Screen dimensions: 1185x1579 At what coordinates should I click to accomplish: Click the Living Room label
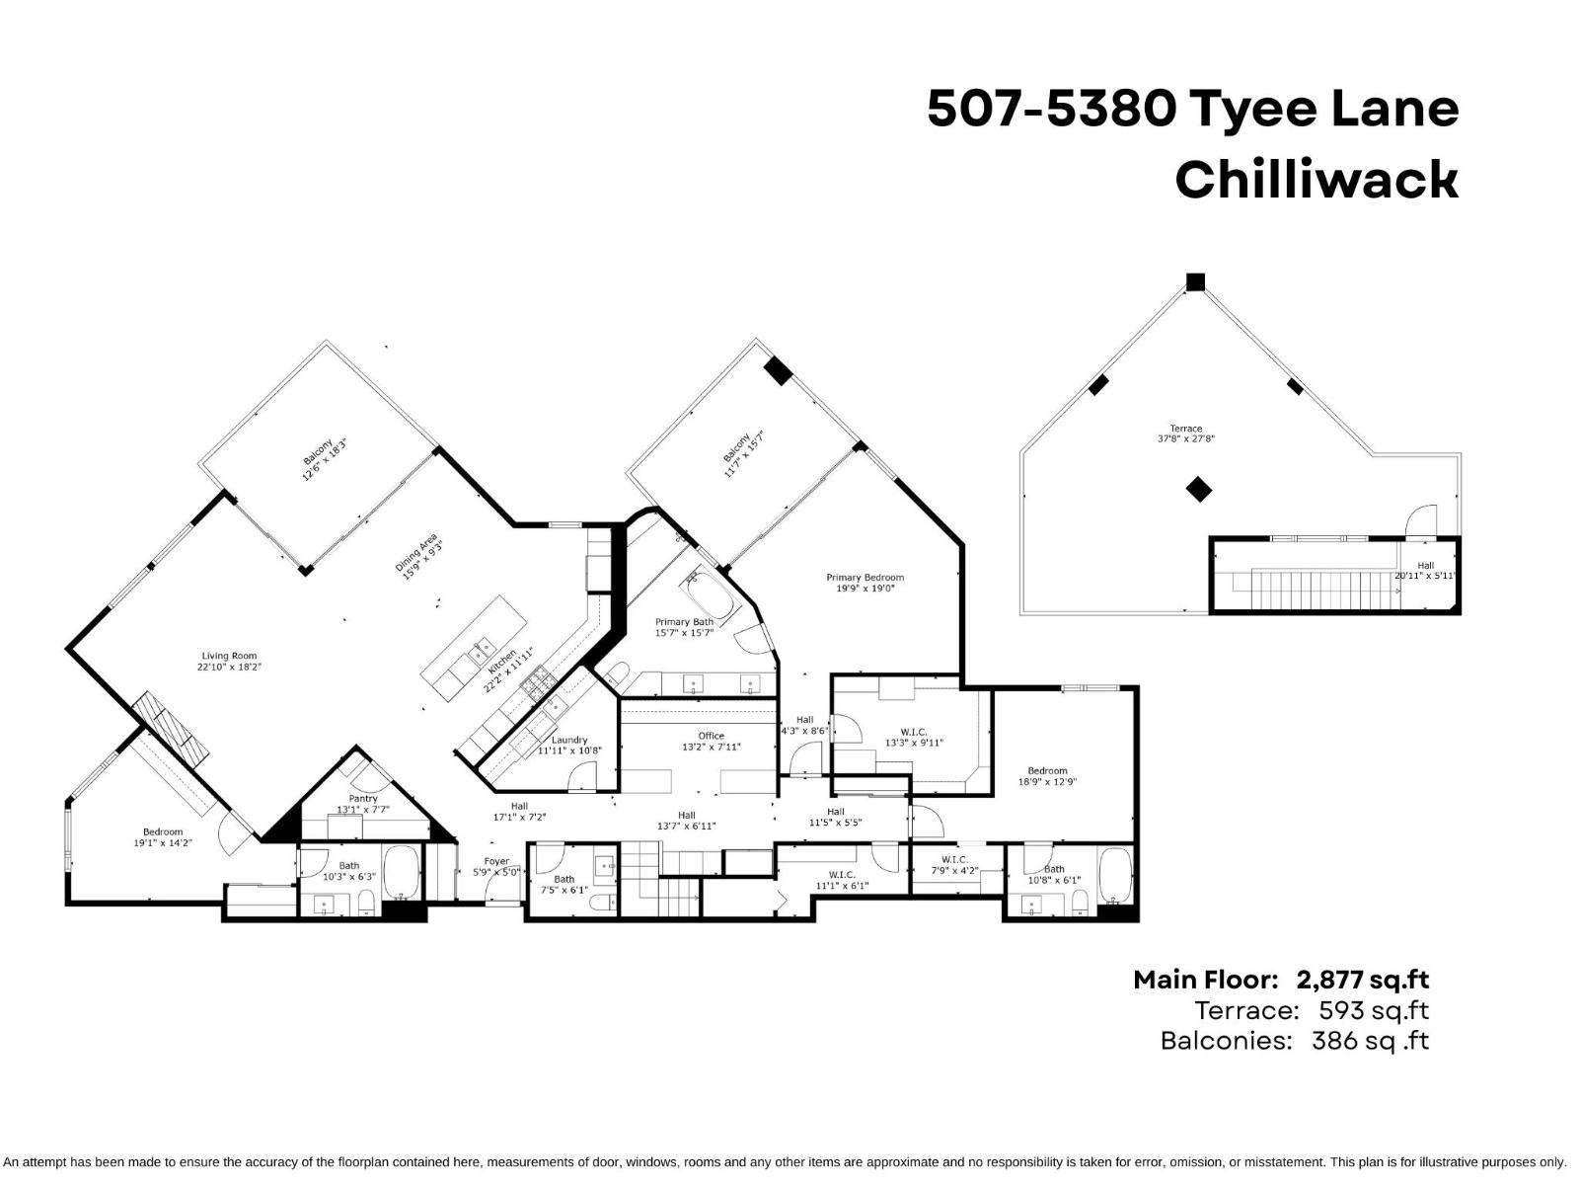229,656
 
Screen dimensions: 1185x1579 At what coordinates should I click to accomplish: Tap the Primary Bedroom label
865,578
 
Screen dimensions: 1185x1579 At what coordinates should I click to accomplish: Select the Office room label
711,736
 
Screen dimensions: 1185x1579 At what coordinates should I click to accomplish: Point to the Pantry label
363,799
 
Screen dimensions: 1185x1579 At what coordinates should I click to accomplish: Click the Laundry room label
569,740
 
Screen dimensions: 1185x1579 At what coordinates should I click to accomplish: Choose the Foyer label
496,861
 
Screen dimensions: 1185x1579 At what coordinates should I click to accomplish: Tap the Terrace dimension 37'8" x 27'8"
1185,438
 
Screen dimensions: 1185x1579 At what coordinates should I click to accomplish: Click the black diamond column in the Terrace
1198,489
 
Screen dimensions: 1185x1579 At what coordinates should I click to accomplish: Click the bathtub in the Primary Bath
711,596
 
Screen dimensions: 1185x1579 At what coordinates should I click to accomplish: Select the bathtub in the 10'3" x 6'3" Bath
401,871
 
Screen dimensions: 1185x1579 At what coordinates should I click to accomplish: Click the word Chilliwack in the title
1316,180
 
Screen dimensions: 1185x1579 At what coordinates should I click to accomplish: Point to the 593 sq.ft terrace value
1373,1010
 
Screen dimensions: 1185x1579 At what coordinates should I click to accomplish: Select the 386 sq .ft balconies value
1370,1041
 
